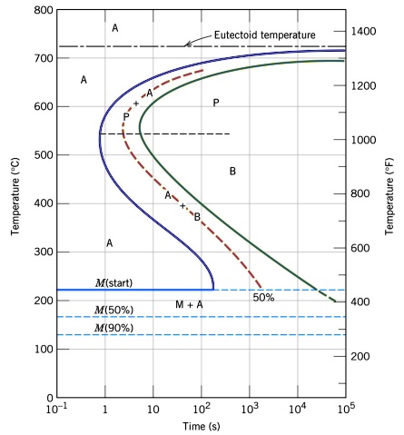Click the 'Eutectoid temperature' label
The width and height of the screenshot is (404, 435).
pos(264,35)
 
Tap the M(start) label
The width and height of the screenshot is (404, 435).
pos(114,282)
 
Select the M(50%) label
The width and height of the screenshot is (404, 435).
pos(114,310)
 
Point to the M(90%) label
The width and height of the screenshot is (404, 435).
pos(114,328)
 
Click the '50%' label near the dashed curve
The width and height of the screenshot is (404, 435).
pos(263,297)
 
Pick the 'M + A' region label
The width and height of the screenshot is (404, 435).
pos(190,304)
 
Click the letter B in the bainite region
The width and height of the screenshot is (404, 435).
pos(232,171)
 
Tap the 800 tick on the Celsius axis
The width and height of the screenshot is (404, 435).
pos(39,10)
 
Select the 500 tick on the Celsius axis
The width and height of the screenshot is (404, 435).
pos(39,155)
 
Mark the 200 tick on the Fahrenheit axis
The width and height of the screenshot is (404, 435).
pos(363,356)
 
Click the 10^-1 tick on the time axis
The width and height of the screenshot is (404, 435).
pos(56,410)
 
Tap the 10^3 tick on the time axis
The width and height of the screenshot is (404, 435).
pos(249,410)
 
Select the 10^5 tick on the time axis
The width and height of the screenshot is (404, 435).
pos(344,410)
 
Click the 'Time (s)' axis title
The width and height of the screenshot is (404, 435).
pos(201,426)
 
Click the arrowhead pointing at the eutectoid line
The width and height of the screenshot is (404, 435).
pos(187,44)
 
